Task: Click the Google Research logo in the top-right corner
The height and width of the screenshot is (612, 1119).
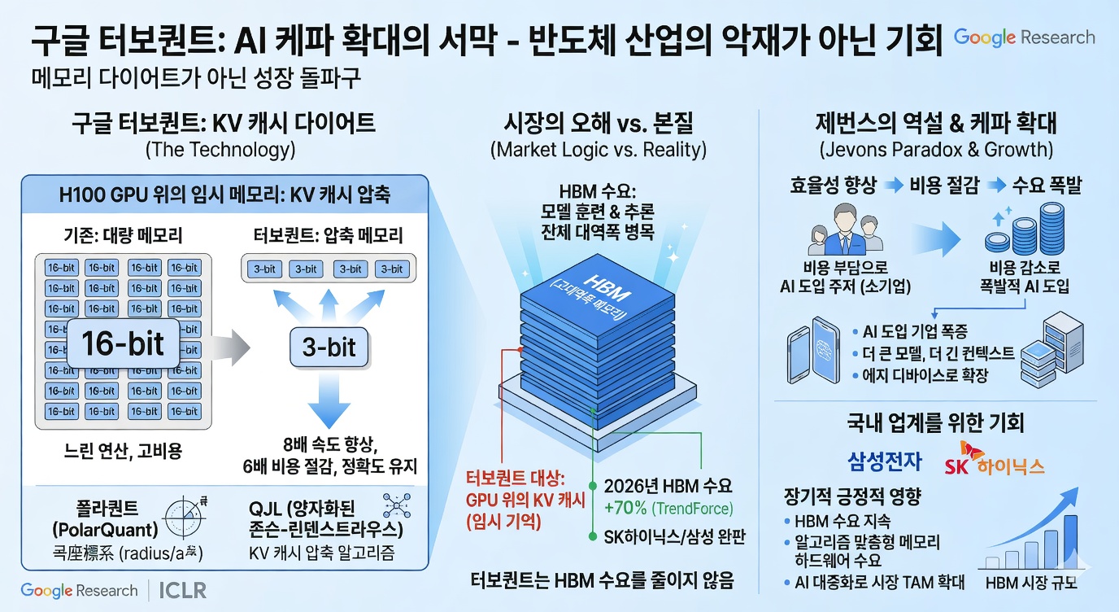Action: [1024, 37]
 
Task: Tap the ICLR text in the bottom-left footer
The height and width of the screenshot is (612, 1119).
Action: [183, 590]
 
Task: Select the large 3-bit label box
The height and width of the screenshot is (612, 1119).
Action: [329, 348]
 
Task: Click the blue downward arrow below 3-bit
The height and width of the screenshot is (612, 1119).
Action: [329, 405]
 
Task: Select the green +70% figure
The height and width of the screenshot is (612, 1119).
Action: [625, 509]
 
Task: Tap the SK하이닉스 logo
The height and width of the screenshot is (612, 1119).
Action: [994, 461]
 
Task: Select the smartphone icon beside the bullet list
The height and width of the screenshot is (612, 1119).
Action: [813, 352]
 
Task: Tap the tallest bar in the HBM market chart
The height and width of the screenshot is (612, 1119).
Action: [1069, 541]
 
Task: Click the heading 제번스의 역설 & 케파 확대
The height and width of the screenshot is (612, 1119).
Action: [935, 123]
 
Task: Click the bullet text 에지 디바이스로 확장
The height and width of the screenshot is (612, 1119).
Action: [925, 376]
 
